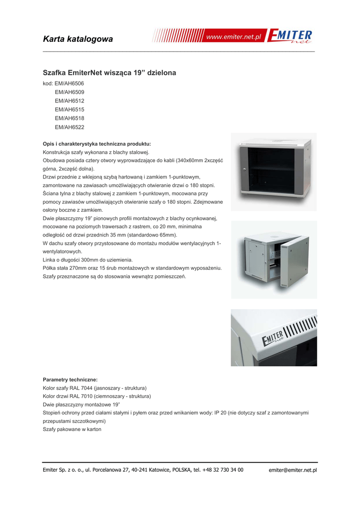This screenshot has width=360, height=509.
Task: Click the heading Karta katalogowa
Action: [78, 39]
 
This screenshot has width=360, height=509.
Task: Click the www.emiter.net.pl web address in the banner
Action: [234, 38]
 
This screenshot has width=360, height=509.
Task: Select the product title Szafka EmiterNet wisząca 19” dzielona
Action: [109, 73]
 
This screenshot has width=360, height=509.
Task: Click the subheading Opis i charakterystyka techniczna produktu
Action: [97, 144]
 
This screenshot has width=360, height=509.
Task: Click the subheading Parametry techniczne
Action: [70, 379]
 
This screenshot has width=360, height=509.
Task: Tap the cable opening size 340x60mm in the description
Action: [184, 161]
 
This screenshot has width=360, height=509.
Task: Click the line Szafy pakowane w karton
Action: [72, 429]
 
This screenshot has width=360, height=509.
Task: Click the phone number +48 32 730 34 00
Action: [223, 470]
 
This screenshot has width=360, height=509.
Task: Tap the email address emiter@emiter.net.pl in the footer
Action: [292, 470]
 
